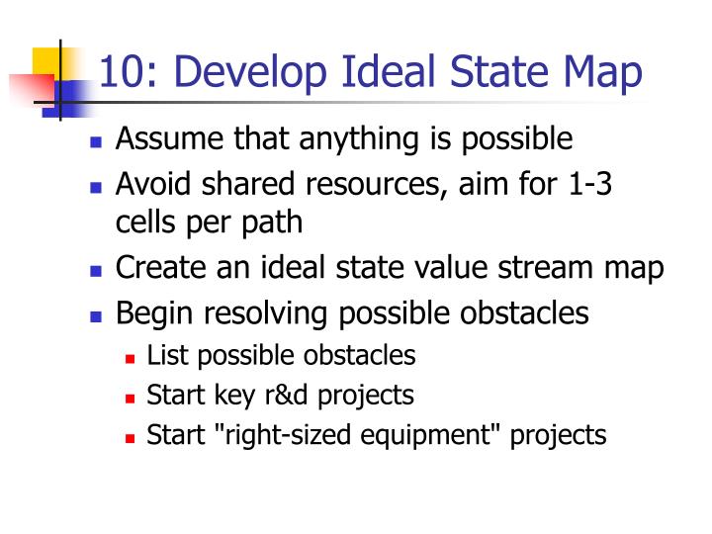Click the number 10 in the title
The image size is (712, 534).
[x=120, y=73]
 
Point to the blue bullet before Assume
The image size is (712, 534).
[x=96, y=141]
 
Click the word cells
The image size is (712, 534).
[x=142, y=222]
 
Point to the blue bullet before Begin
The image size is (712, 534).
[x=96, y=316]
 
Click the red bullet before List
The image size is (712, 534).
[x=130, y=357]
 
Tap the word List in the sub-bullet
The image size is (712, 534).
[x=162, y=355]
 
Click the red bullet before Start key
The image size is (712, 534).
[x=130, y=398]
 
